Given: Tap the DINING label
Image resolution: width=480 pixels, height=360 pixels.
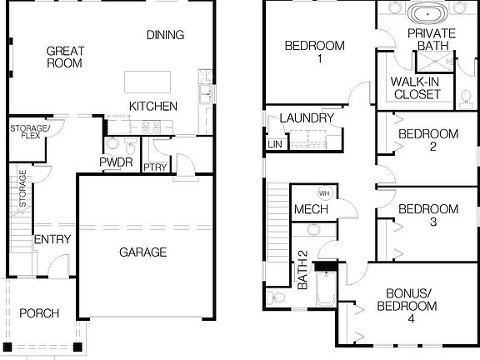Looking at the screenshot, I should click(x=164, y=35).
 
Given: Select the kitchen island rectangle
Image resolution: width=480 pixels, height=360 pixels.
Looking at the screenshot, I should click(x=147, y=82).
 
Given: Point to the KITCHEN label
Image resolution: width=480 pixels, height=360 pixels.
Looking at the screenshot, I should click(x=152, y=106).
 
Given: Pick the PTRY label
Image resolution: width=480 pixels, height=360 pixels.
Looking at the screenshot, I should click(x=155, y=167).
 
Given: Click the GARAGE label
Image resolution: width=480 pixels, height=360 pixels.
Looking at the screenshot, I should click(x=142, y=252).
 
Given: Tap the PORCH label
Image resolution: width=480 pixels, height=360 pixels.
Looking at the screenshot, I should click(x=38, y=313).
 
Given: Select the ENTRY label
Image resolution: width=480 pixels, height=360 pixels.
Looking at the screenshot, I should click(x=52, y=240).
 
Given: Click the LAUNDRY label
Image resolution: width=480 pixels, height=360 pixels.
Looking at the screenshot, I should click(x=307, y=118).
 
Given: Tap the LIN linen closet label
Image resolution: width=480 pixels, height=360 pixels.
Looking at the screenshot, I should click(x=274, y=145).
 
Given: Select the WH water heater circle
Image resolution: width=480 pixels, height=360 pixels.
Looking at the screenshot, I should click(x=324, y=192).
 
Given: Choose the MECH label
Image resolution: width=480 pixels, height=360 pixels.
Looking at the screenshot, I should click(x=310, y=209).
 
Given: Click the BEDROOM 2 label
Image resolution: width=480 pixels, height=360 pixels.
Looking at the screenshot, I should click(x=427, y=140).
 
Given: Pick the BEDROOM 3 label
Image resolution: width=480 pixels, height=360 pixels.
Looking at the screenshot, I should click(x=427, y=215).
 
